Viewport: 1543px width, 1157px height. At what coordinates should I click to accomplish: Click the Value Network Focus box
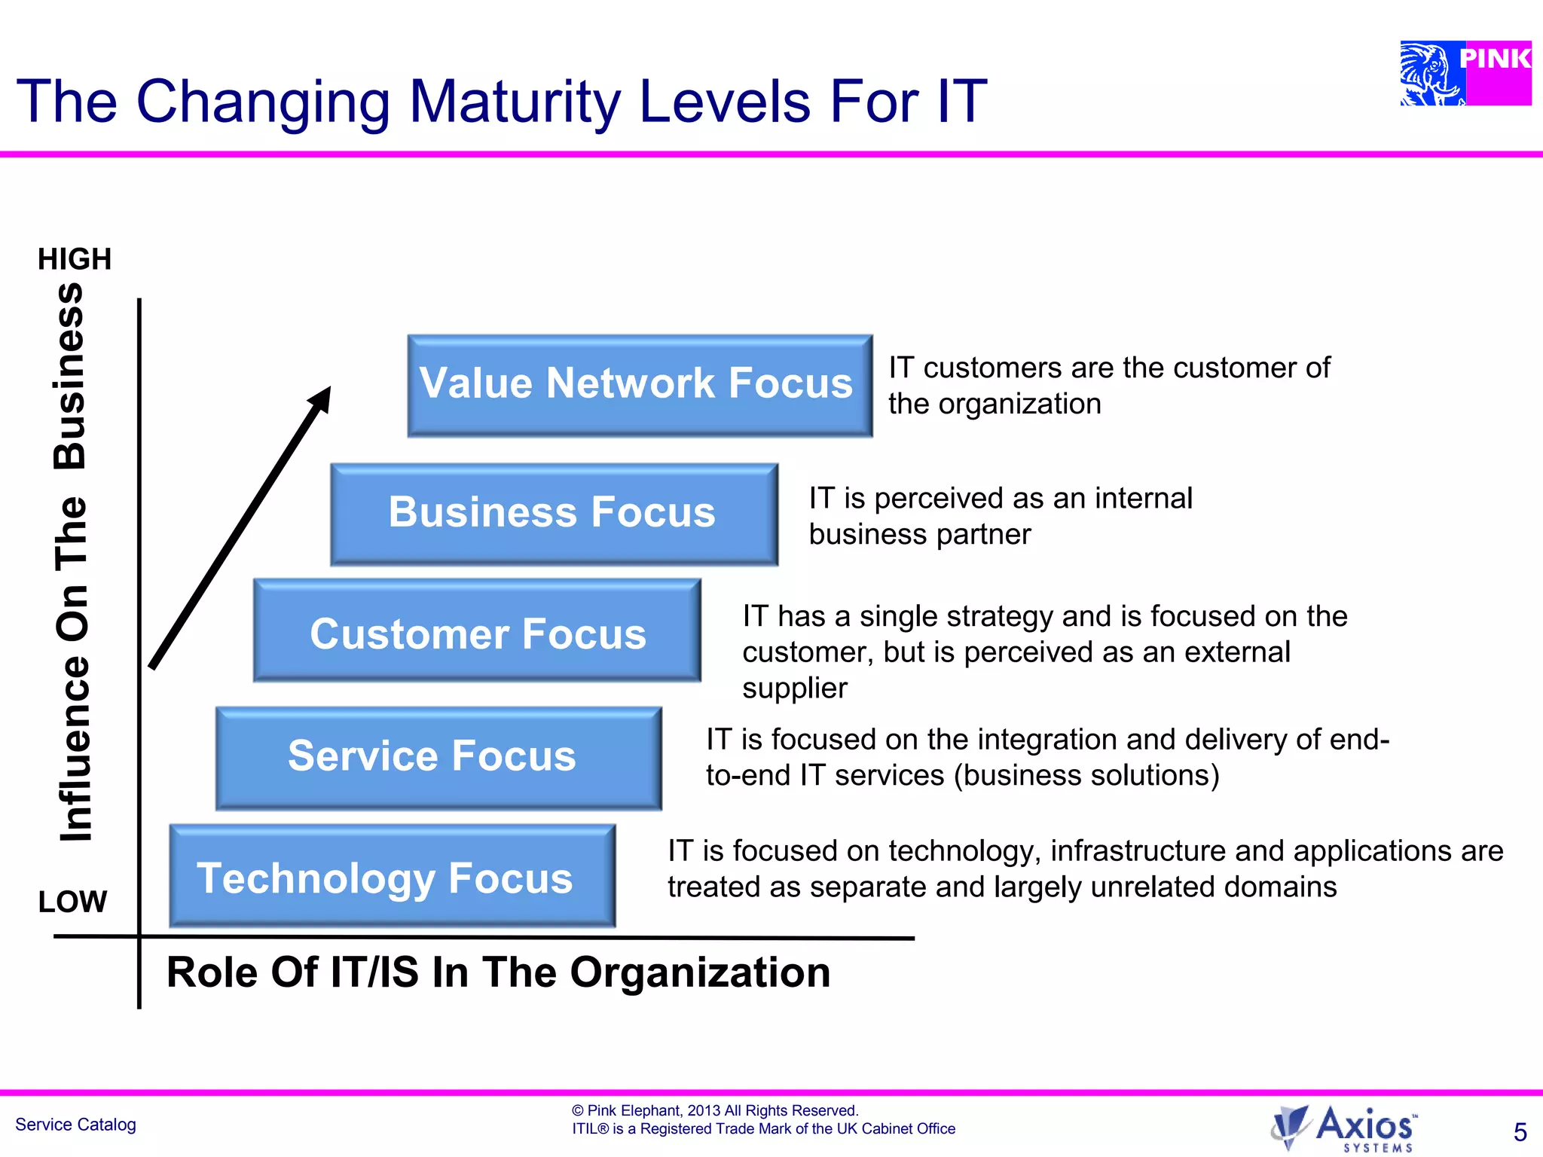tap(640, 385)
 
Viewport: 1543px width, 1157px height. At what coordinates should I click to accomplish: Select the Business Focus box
tap(554, 514)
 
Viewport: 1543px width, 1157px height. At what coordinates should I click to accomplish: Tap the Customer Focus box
tap(477, 631)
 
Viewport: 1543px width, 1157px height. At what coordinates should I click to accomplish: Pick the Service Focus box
tap(438, 757)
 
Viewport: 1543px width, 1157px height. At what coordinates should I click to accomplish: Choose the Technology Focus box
tap(392, 876)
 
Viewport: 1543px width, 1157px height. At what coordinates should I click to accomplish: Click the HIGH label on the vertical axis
tap(75, 259)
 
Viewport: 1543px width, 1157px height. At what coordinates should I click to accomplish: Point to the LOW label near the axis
tap(72, 901)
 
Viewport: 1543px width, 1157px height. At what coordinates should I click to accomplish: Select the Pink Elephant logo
tap(1465, 73)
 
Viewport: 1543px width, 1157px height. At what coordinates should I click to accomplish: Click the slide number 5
tap(1520, 1132)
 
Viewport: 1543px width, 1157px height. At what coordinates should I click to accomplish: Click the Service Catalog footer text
tap(75, 1125)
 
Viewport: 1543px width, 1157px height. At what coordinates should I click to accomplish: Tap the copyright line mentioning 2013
tap(714, 1110)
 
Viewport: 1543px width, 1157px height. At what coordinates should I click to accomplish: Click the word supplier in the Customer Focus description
tap(794, 688)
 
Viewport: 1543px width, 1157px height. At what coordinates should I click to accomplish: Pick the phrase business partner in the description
tap(919, 534)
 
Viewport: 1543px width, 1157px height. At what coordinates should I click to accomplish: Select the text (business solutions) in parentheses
tap(1086, 775)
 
